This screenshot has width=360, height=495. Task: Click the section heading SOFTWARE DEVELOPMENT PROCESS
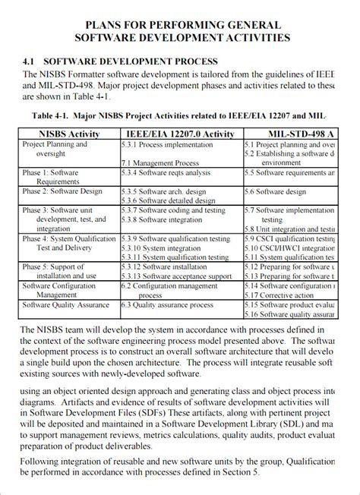pyautogui.click(x=131, y=61)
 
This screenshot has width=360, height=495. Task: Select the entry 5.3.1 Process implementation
pyautogui.click(x=161, y=143)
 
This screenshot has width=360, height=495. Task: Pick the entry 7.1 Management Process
pyautogui.click(x=159, y=162)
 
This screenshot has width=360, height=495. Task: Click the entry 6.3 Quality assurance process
pyautogui.click(x=167, y=305)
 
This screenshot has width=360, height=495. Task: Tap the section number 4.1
pyautogui.click(x=30, y=61)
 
